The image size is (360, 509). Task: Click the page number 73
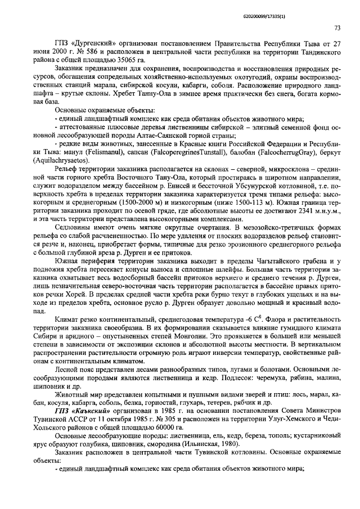337,28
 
